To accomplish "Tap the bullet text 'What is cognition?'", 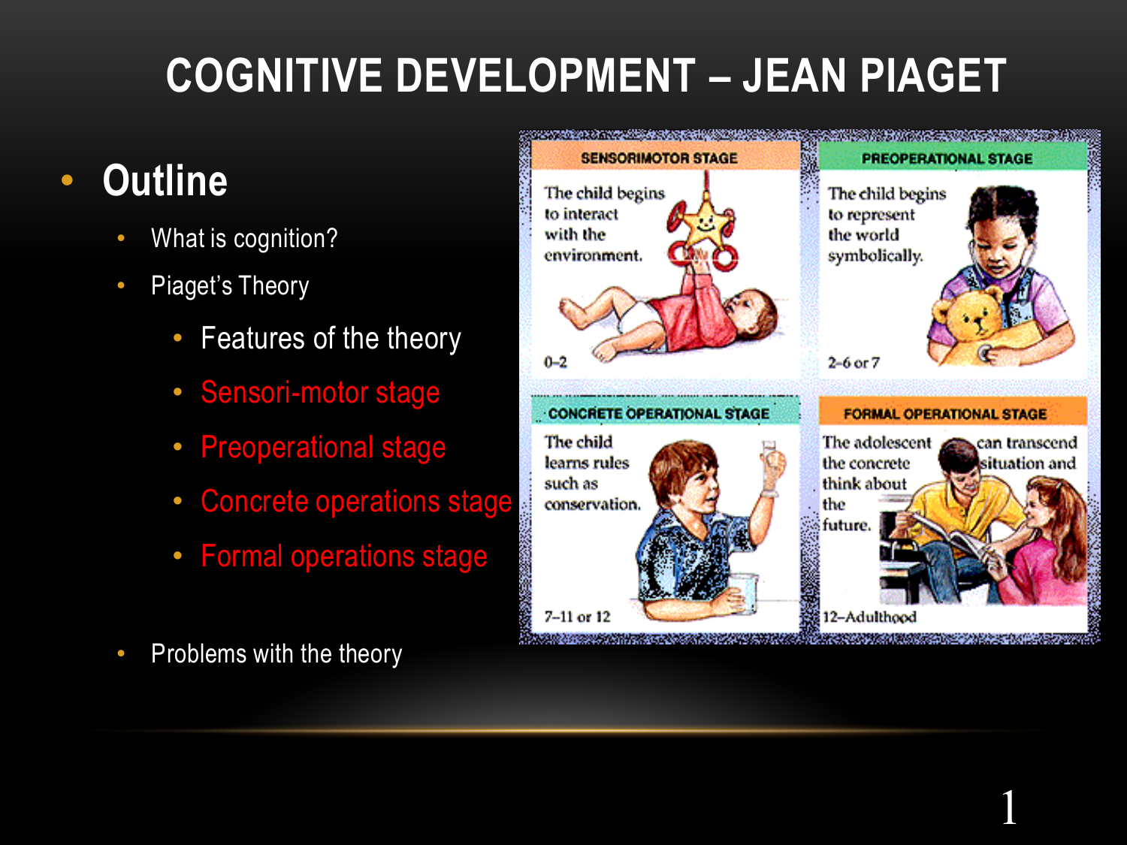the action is point(244,239).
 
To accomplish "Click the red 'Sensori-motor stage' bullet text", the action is point(320,393).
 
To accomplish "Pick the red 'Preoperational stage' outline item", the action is point(324,448).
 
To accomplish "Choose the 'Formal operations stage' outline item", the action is point(344,556).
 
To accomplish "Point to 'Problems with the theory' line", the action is point(276,653).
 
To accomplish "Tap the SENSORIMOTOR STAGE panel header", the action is point(659,158).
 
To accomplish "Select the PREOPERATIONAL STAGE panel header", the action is point(947,158).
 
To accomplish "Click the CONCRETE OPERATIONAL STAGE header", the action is point(659,414).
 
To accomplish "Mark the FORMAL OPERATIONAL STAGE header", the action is point(944,414).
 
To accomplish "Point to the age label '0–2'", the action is point(555,362).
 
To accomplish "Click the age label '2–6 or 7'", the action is point(854,363).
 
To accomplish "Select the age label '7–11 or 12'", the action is point(578,616).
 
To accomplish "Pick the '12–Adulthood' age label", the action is point(869,617).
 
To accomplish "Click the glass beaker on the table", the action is point(743,593).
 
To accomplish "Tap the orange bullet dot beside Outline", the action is point(68,180).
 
